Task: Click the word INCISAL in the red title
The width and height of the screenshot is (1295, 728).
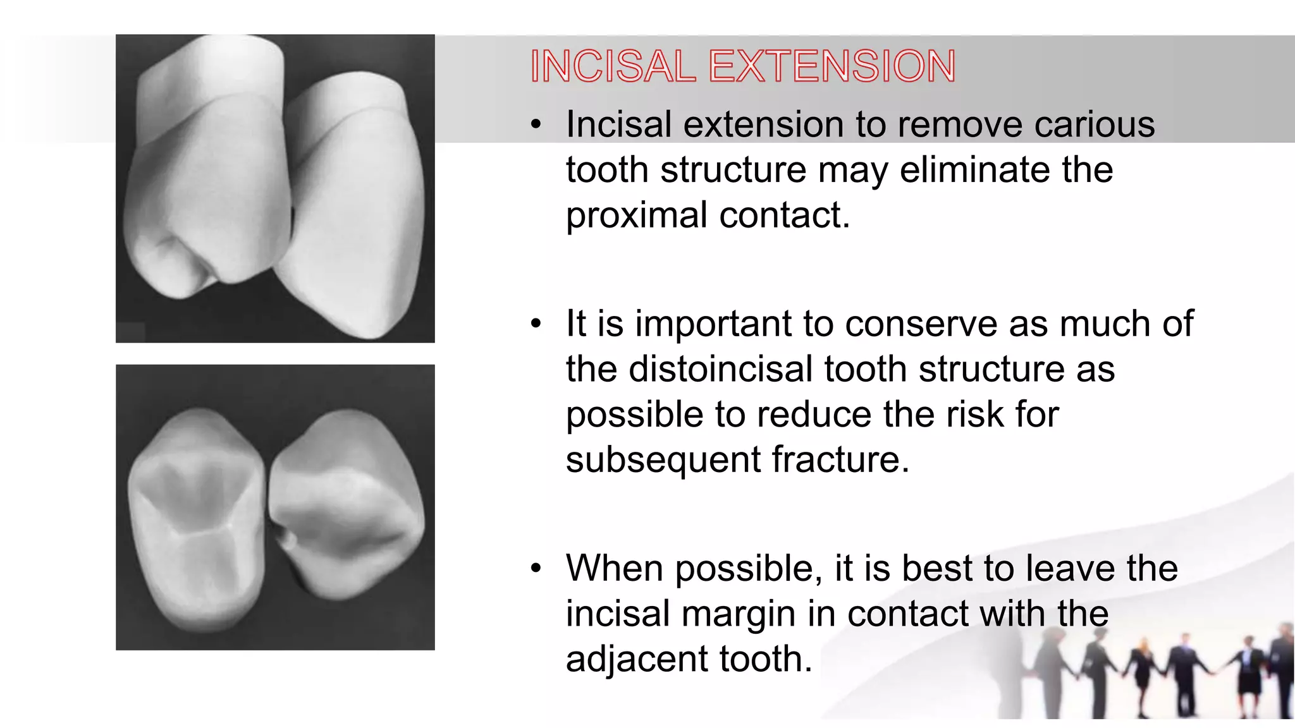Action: tap(612, 66)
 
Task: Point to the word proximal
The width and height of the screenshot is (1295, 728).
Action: tap(637, 216)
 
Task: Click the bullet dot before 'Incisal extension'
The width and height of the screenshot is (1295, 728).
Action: tap(536, 125)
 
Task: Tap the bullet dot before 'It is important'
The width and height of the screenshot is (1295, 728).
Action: tap(536, 324)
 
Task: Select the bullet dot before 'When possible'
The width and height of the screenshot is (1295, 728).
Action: tap(536, 569)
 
